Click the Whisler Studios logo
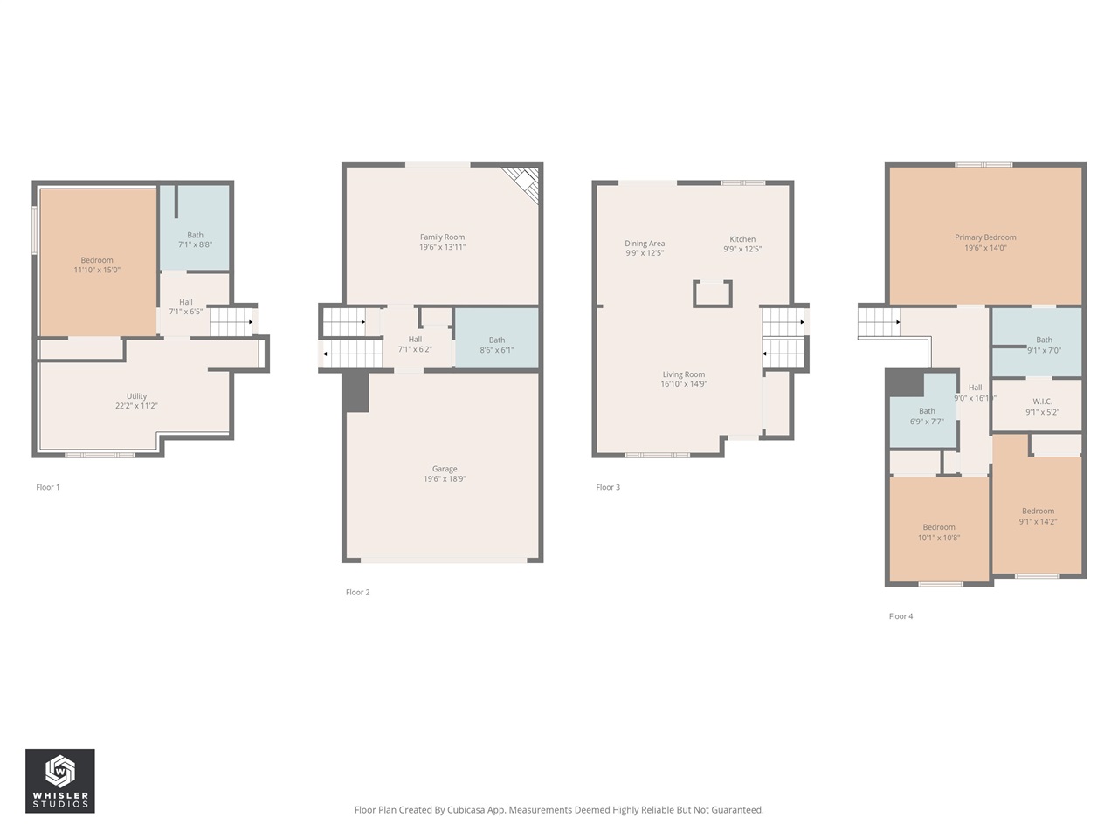(59, 780)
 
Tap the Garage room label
(444, 474)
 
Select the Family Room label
(442, 242)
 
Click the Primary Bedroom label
(985, 242)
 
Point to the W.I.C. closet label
(1042, 407)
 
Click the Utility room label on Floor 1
(136, 401)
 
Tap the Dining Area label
(645, 248)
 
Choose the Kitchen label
(742, 244)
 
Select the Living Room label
(683, 379)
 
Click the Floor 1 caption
(48, 487)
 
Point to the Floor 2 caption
(357, 592)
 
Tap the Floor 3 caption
(608, 487)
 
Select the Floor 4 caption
(901, 616)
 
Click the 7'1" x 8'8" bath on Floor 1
(195, 239)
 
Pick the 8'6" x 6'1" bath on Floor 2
(496, 345)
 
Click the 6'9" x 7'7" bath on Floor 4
(927, 416)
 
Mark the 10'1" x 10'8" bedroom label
(939, 532)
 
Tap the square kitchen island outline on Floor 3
(712, 294)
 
